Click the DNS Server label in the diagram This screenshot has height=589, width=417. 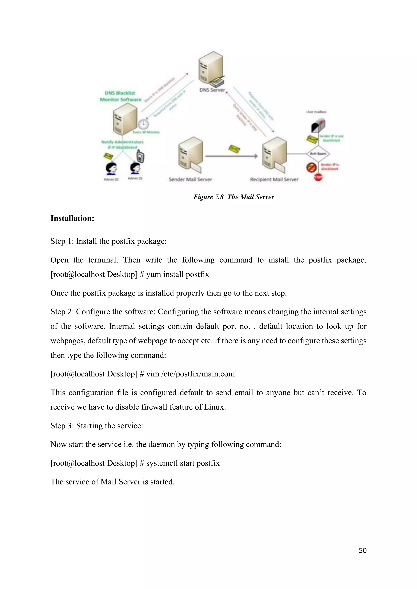pos(212,90)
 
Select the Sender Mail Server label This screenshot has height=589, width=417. pos(190,180)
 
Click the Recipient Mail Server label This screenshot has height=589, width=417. pos(274,180)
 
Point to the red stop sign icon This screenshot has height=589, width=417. pos(318,177)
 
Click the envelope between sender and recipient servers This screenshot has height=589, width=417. pos(234,149)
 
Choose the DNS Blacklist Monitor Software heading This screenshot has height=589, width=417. pos(120,96)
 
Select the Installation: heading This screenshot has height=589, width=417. pos(72,218)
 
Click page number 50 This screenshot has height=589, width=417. pos(363,551)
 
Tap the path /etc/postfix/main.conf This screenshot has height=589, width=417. pos(198,374)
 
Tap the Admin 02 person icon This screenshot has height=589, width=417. pos(111,168)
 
